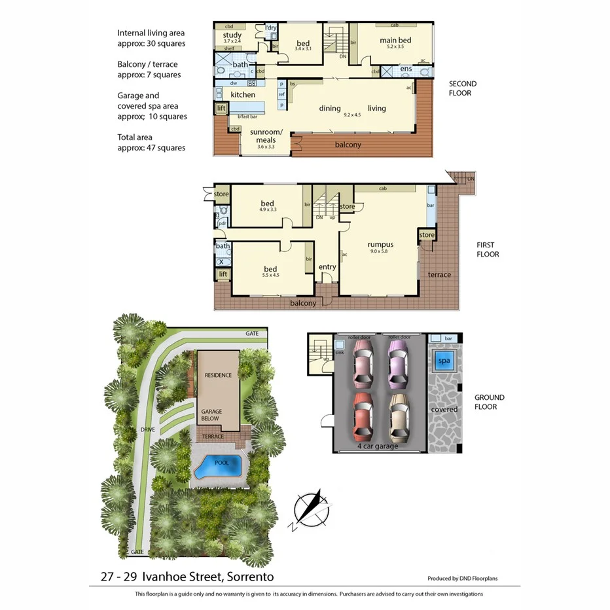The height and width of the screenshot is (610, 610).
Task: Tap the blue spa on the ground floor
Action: [x=444, y=361]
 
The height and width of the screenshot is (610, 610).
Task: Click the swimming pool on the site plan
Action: [x=219, y=467]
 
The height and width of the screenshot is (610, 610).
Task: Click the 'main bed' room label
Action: [x=395, y=41]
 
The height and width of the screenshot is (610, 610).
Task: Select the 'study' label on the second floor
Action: [x=232, y=35]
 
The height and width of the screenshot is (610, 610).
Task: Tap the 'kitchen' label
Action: [x=243, y=95]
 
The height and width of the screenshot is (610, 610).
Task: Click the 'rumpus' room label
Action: [x=380, y=245]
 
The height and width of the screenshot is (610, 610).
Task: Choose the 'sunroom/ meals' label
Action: [x=262, y=135]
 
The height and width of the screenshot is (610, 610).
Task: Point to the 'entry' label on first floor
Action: [x=327, y=267]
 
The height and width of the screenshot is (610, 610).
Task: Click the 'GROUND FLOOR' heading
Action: [x=489, y=402]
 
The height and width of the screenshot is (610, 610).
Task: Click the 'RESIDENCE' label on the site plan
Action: [x=218, y=376]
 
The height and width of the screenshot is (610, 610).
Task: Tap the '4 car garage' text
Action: [x=377, y=446]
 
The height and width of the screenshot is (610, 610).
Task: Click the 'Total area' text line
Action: [x=135, y=137]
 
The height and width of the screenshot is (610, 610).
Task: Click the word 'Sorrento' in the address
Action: [x=248, y=577]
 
